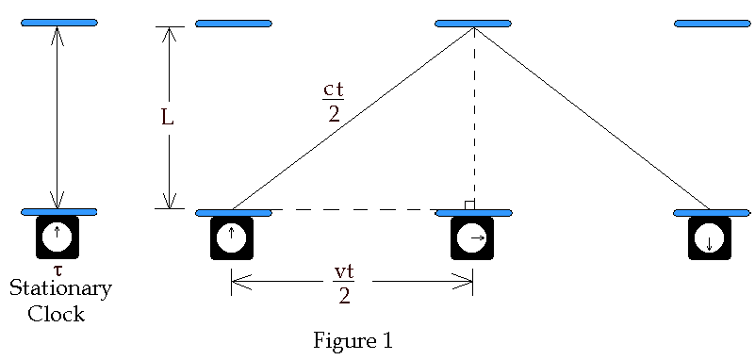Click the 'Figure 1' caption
pyautogui.click(x=352, y=340)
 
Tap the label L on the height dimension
pyautogui.click(x=168, y=120)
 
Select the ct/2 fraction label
pyautogui.click(x=333, y=102)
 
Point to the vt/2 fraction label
pyautogui.click(x=344, y=283)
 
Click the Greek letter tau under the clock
pyautogui.click(x=57, y=270)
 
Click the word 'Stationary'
pyautogui.click(x=60, y=288)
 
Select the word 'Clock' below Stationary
pyautogui.click(x=57, y=314)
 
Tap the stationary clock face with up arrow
pyautogui.click(x=57, y=237)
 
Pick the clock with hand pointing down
pyautogui.click(x=709, y=237)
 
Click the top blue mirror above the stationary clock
pyautogui.click(x=58, y=23)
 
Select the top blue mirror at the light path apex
pyautogui.click(x=473, y=23)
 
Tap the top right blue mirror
pyautogui.click(x=713, y=23)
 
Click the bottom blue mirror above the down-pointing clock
pyautogui.click(x=712, y=212)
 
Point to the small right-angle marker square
pyautogui.click(x=469, y=205)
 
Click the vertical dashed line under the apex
pyautogui.click(x=474, y=123)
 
